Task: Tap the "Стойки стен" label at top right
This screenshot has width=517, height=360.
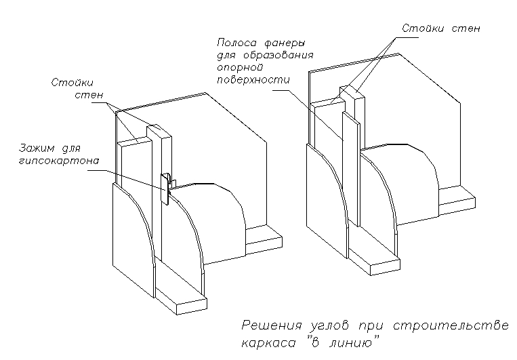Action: (x=440, y=28)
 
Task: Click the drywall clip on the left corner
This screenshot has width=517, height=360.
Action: (x=165, y=188)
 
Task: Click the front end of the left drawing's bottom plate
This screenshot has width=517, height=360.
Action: (x=190, y=304)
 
